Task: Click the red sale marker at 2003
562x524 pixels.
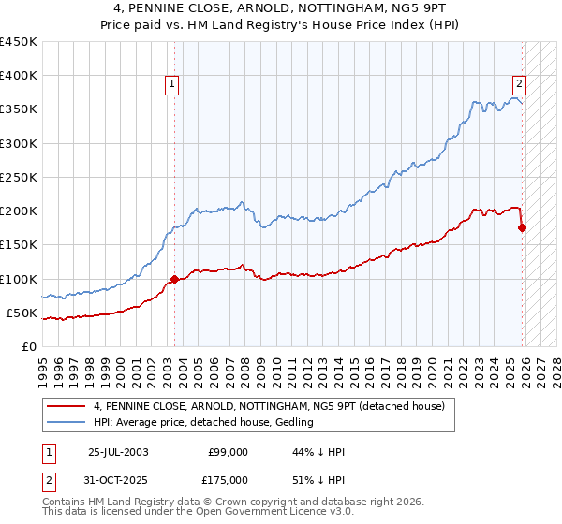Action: pos(174,279)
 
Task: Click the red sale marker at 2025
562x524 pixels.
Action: pos(523,227)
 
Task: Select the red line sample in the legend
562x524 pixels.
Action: pos(66,406)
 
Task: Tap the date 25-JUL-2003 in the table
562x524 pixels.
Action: pos(117,452)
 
